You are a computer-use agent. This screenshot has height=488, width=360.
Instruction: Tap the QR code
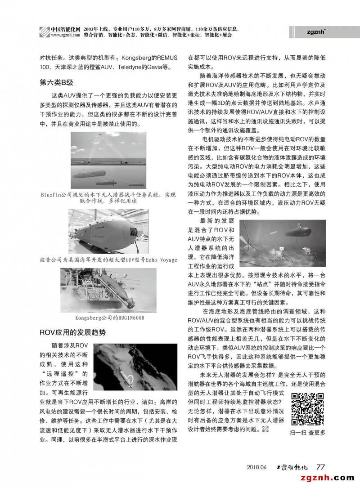[x=308, y=409]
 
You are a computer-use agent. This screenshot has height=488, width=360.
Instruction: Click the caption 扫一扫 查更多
[x=308, y=433]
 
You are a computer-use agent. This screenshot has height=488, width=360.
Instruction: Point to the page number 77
[x=321, y=466]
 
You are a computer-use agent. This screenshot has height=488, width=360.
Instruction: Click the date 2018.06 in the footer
[x=257, y=467]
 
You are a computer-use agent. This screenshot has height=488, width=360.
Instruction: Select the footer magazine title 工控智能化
[x=293, y=466]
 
